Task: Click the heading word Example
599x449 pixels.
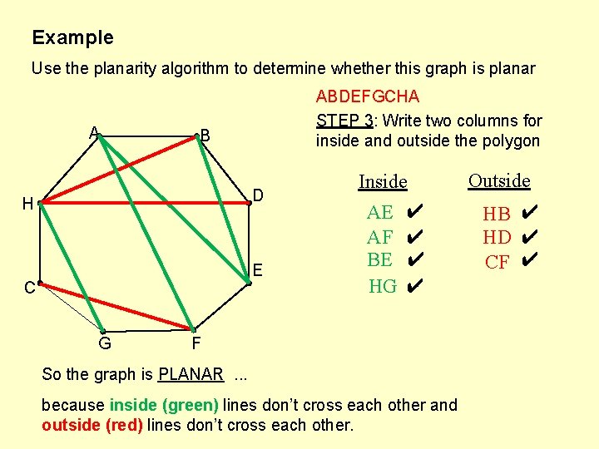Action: click(x=72, y=37)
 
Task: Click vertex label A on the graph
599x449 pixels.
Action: click(x=95, y=131)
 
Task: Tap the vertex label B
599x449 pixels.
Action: click(x=205, y=136)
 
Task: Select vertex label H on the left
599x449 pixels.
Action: click(x=27, y=204)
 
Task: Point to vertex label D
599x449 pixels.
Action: click(x=259, y=195)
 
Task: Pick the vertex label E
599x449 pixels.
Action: click(x=259, y=269)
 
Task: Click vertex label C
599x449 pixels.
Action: click(x=29, y=289)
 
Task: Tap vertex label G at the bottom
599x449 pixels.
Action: click(x=105, y=342)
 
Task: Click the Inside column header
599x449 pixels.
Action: click(x=383, y=181)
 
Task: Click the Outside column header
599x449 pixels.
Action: click(x=499, y=180)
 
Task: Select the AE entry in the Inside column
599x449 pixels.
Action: click(x=380, y=212)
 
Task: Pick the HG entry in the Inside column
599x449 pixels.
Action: click(x=383, y=286)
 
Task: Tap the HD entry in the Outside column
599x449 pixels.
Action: click(x=497, y=238)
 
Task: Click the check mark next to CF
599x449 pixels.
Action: click(x=529, y=261)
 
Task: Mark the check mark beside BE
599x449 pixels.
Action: click(x=417, y=260)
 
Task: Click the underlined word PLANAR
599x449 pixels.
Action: click(x=191, y=374)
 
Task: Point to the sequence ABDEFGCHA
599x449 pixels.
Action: click(x=368, y=97)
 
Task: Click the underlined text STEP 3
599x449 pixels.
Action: click(x=344, y=121)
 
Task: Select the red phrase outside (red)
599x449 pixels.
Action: click(x=92, y=426)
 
